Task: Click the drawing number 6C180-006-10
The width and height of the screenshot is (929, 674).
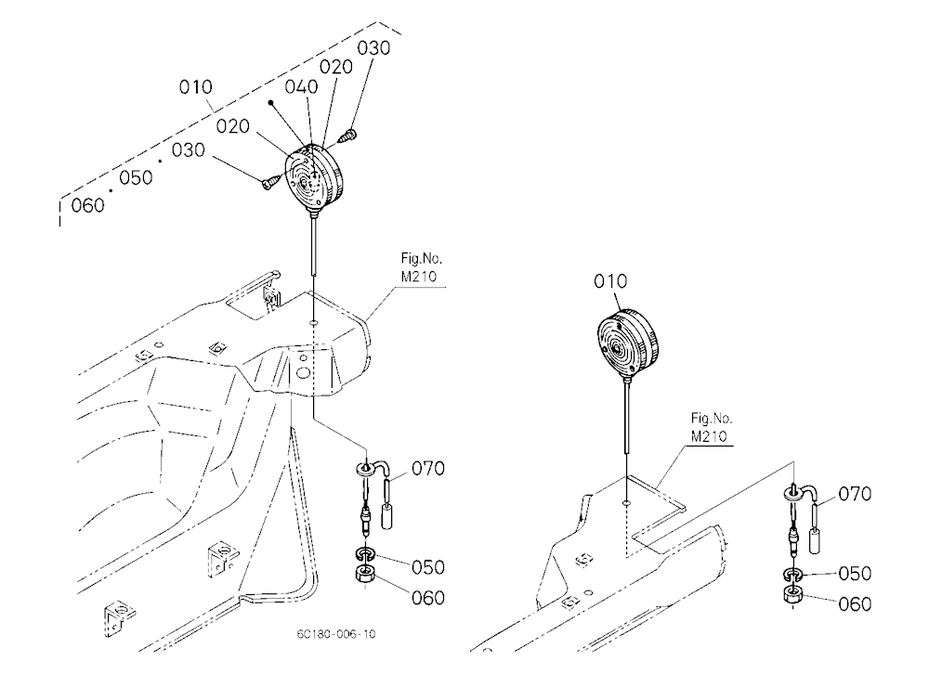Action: tap(336, 634)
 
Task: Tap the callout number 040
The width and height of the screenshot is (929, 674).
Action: tap(301, 87)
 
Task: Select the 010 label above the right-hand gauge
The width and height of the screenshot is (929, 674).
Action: tap(610, 281)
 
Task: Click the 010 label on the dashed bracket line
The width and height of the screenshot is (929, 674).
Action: tap(195, 87)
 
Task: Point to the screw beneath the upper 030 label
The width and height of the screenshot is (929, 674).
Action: tap(347, 136)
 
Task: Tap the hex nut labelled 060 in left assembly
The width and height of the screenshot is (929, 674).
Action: tap(365, 576)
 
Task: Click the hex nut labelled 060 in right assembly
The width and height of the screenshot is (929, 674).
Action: tap(792, 595)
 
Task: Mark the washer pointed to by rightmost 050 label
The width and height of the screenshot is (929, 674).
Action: tap(792, 575)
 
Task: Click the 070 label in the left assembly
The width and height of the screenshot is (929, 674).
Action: tap(427, 469)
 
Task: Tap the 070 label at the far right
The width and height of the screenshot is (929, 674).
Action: tap(855, 494)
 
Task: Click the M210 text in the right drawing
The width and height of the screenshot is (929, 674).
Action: tap(709, 437)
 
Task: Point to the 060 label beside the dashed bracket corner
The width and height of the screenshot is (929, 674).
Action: tap(87, 205)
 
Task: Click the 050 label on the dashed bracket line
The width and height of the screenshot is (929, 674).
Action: tap(136, 177)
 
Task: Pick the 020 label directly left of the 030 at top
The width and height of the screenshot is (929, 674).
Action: tap(336, 68)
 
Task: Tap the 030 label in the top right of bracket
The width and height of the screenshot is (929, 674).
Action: tap(373, 48)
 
